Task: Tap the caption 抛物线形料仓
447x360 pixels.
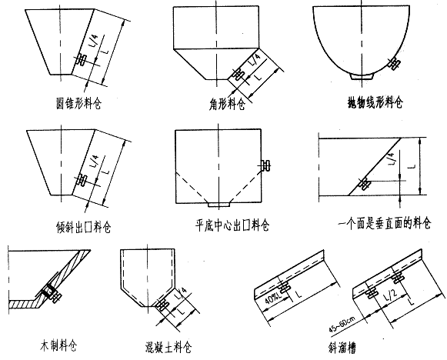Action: click(x=375, y=102)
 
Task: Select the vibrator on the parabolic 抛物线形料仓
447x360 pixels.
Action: click(x=395, y=62)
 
